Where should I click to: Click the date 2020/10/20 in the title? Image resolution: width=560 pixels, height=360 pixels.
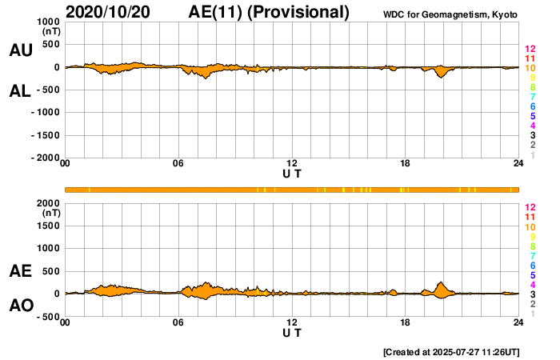click(118, 12)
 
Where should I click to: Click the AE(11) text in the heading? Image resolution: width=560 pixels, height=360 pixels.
click(220, 12)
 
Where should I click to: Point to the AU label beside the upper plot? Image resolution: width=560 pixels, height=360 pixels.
click(20, 50)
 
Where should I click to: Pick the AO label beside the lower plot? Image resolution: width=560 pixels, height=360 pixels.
click(20, 306)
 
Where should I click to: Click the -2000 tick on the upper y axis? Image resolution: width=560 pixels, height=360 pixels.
click(45, 158)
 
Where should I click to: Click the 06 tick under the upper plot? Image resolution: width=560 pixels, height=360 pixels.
click(178, 164)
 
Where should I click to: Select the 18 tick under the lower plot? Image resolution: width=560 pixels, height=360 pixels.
click(406, 322)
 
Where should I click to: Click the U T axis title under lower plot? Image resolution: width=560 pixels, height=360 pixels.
click(292, 332)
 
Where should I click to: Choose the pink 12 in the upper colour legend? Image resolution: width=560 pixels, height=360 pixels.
click(530, 49)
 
